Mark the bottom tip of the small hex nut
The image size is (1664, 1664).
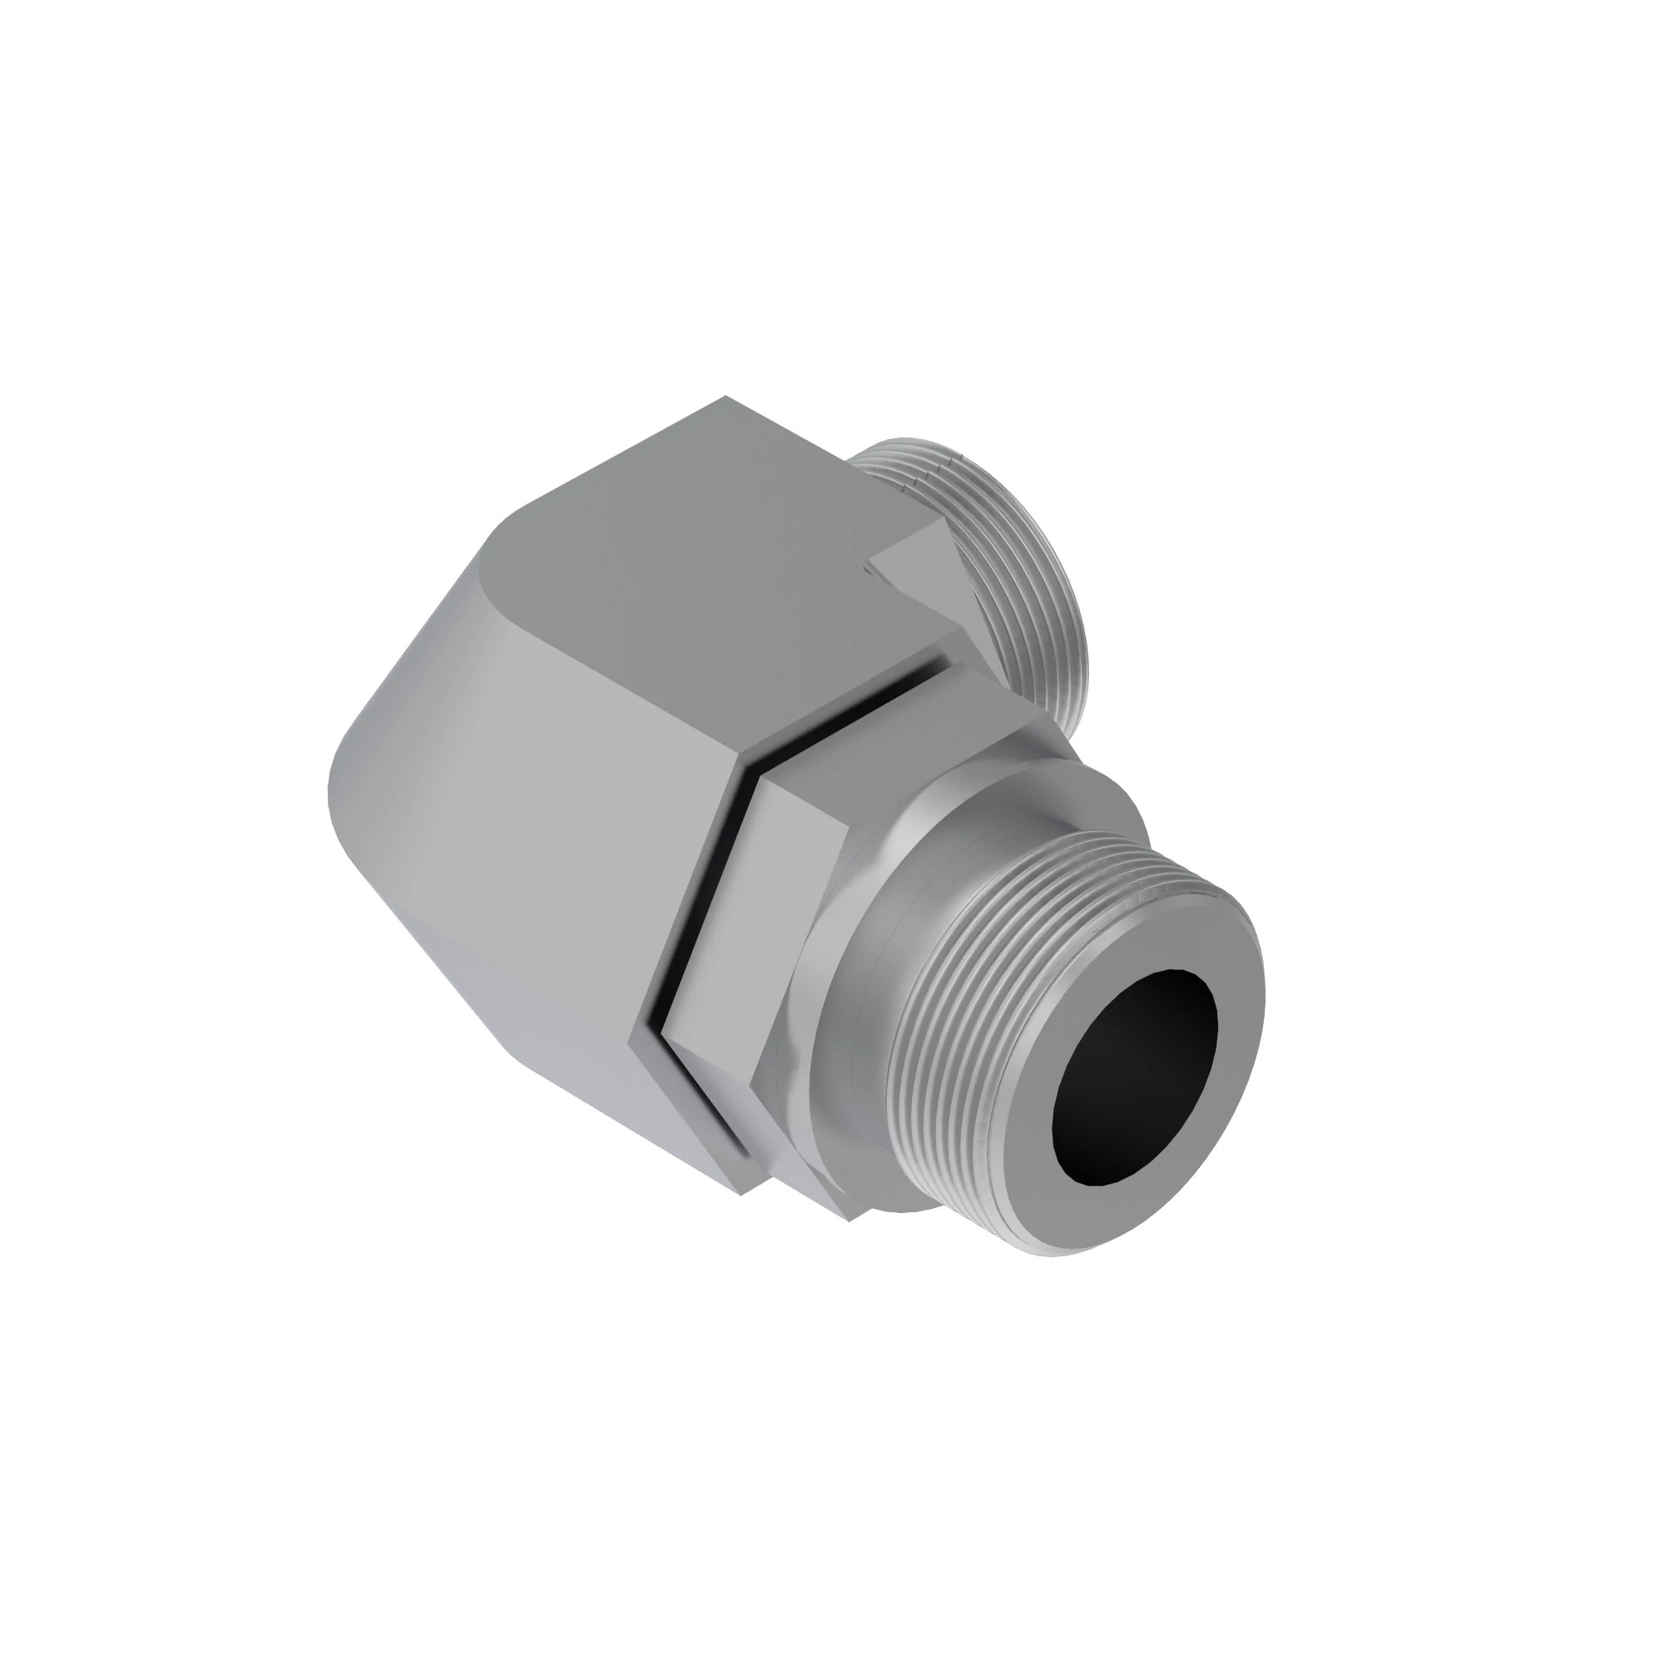point(849,1219)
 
